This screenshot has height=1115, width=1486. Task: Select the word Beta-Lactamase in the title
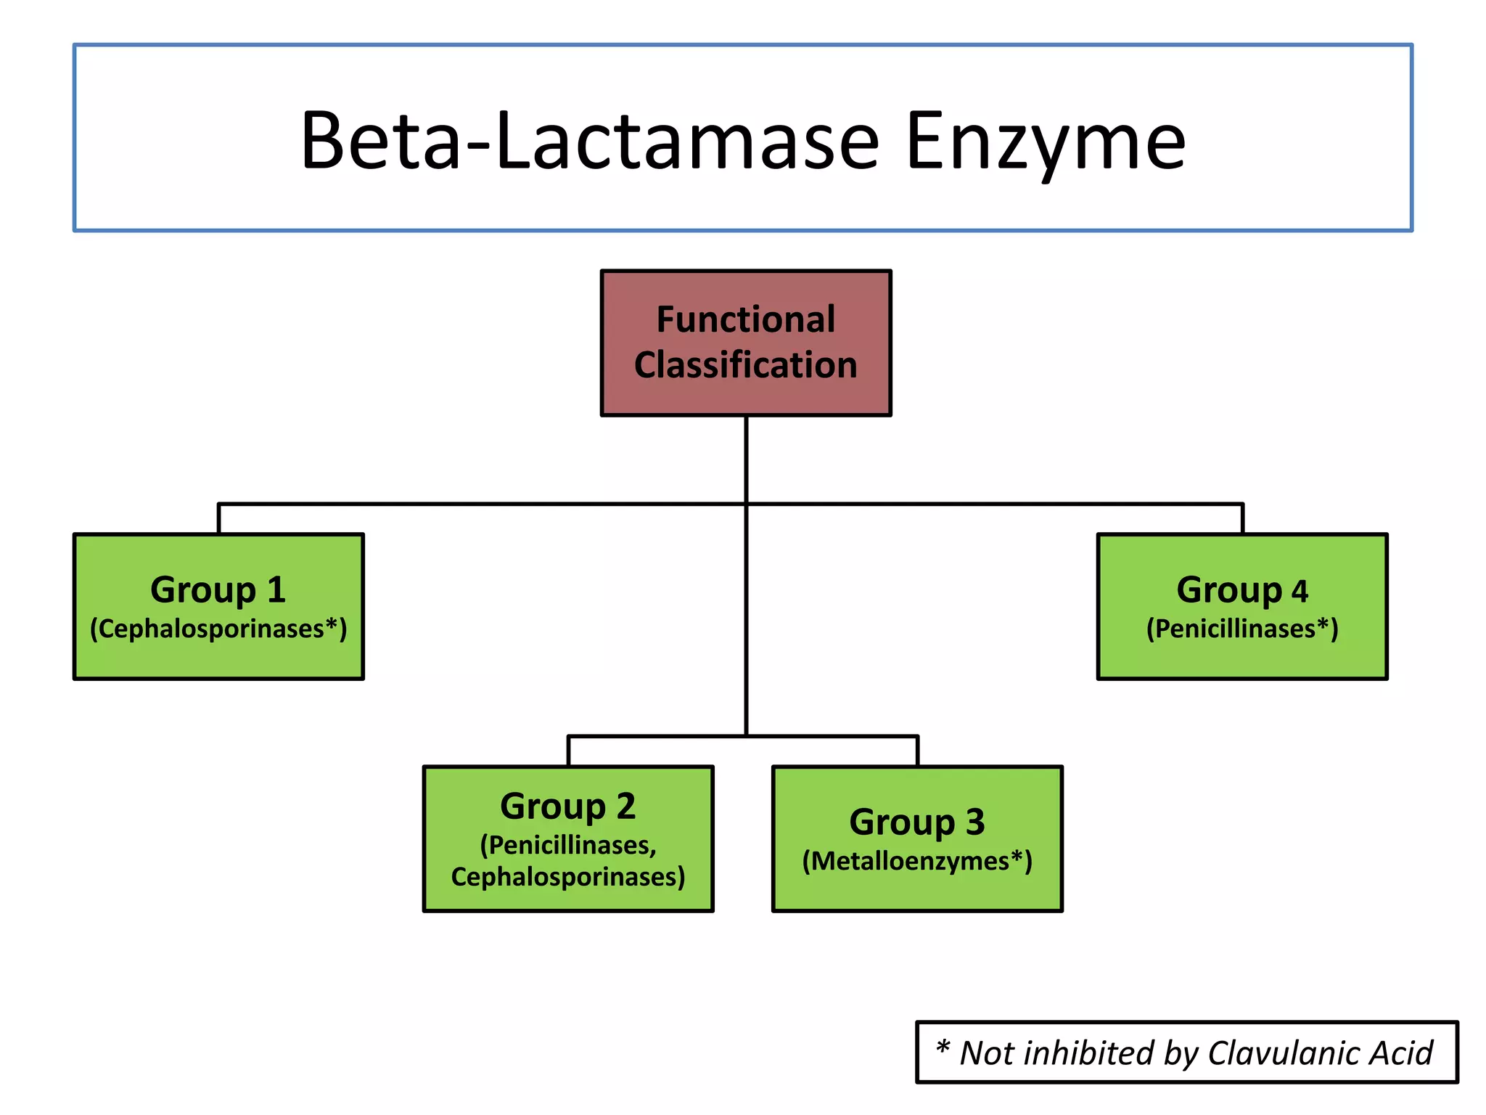point(590,142)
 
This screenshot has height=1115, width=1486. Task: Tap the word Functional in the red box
point(746,319)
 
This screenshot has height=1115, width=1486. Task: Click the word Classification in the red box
point(746,364)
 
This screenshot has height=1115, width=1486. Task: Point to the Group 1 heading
point(218,589)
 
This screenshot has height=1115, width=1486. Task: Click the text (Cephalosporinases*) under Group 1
point(218,629)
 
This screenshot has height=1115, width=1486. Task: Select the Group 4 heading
point(1242,589)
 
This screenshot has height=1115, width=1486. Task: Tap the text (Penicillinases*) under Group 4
point(1242,629)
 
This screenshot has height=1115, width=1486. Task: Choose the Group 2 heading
point(568,806)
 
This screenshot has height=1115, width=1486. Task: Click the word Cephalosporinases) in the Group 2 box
point(568,877)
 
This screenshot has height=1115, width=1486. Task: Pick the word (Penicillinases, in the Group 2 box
point(568,845)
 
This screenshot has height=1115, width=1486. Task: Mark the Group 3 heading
point(917,822)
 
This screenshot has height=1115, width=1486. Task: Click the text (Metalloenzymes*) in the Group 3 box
point(917,861)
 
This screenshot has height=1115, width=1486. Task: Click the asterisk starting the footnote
point(943,1048)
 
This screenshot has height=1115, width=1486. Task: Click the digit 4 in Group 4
point(1300,591)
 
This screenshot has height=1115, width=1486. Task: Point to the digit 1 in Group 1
point(276,589)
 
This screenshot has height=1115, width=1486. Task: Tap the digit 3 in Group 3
point(975,822)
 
